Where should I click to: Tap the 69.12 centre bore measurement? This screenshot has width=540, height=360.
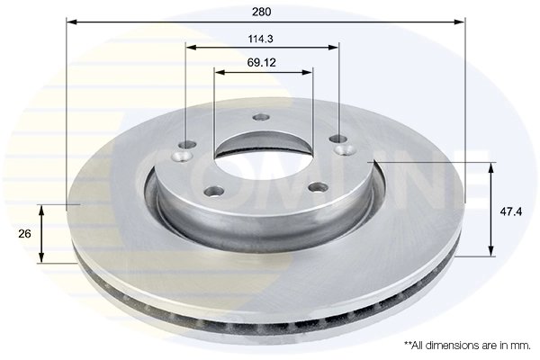pos(262,63)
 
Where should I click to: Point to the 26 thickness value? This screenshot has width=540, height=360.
pos(25,233)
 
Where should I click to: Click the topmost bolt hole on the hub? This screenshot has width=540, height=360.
pos(262,116)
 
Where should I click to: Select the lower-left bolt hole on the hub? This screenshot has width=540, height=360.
pos(215,190)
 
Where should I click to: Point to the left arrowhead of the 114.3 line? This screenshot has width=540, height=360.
pos(189,47)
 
